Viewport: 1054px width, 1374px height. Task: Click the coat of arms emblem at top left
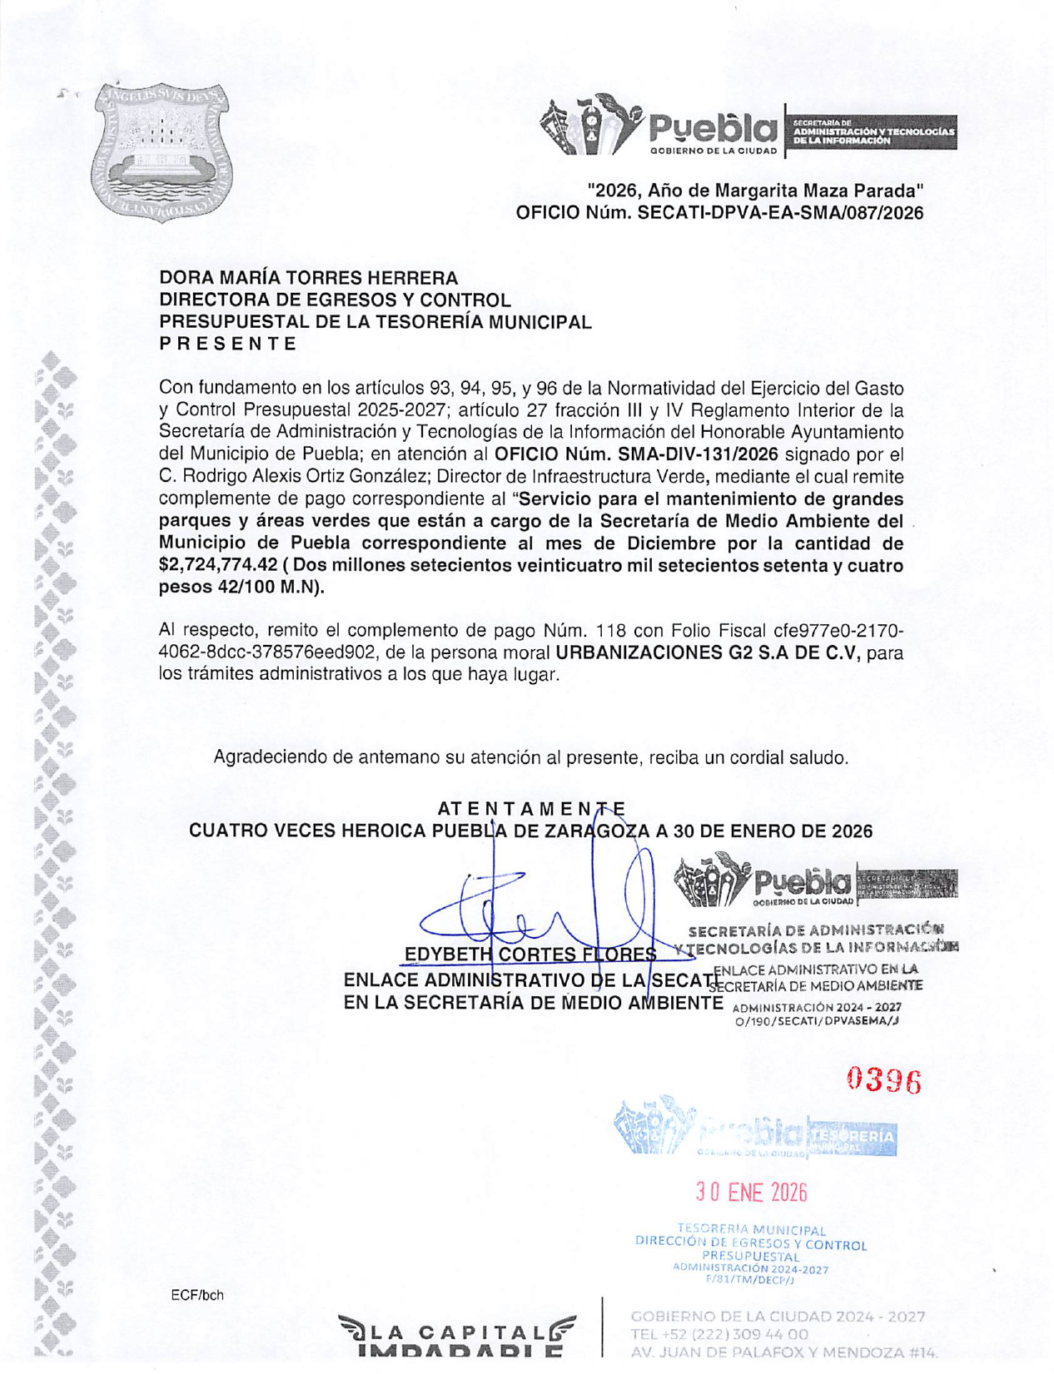tap(162, 152)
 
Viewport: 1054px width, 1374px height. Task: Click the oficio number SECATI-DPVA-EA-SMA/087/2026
tap(780, 213)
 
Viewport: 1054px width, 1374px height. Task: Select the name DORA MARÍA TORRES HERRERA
tap(308, 278)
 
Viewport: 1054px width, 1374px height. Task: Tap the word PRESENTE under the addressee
tap(227, 344)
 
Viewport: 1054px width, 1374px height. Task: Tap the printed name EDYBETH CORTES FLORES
tap(529, 954)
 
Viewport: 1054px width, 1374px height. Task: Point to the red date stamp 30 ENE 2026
tap(752, 1193)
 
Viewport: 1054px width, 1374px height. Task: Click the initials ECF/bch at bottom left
tap(197, 1296)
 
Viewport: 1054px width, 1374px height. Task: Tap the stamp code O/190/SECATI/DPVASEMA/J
tap(818, 1023)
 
